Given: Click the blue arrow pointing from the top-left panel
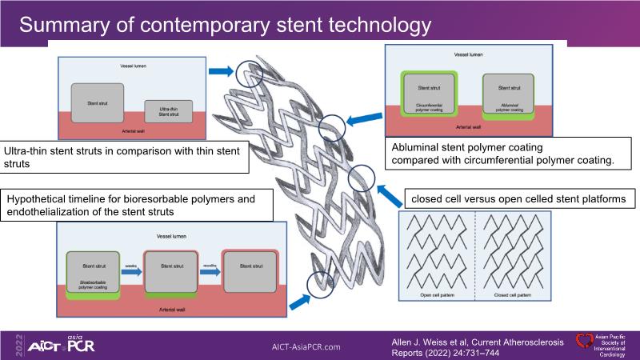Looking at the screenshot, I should point(219,71).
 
